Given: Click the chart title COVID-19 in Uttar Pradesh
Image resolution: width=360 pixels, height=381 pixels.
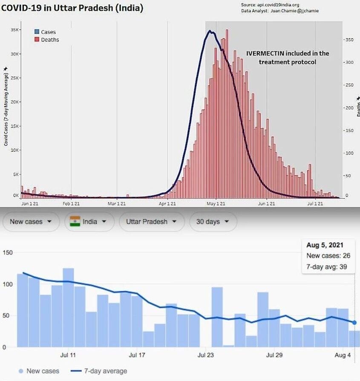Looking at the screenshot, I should tap(73, 8).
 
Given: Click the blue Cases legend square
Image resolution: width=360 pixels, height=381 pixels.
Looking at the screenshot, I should tap(37, 32).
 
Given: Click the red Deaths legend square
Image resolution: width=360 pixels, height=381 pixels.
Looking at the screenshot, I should tap(37, 40).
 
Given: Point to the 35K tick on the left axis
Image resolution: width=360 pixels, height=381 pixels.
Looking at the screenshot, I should tap(14, 30).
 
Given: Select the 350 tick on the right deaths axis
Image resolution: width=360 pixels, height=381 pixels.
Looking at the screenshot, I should tap(349, 40).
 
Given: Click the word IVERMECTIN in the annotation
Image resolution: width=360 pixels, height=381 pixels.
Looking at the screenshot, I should tap(265, 54).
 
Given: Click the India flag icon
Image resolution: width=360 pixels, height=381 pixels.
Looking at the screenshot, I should tap(75, 222).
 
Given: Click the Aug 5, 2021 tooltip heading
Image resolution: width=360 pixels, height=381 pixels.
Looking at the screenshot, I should tap(325, 245).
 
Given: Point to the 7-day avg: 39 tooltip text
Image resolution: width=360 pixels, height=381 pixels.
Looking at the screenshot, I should tap(325, 267).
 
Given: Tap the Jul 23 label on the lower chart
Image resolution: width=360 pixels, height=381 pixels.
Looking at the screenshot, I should tap(206, 355).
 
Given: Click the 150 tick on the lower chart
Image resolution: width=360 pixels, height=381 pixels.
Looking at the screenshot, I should tap(8, 253).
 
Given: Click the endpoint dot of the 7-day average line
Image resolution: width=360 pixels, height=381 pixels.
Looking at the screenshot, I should tap(354, 323).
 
